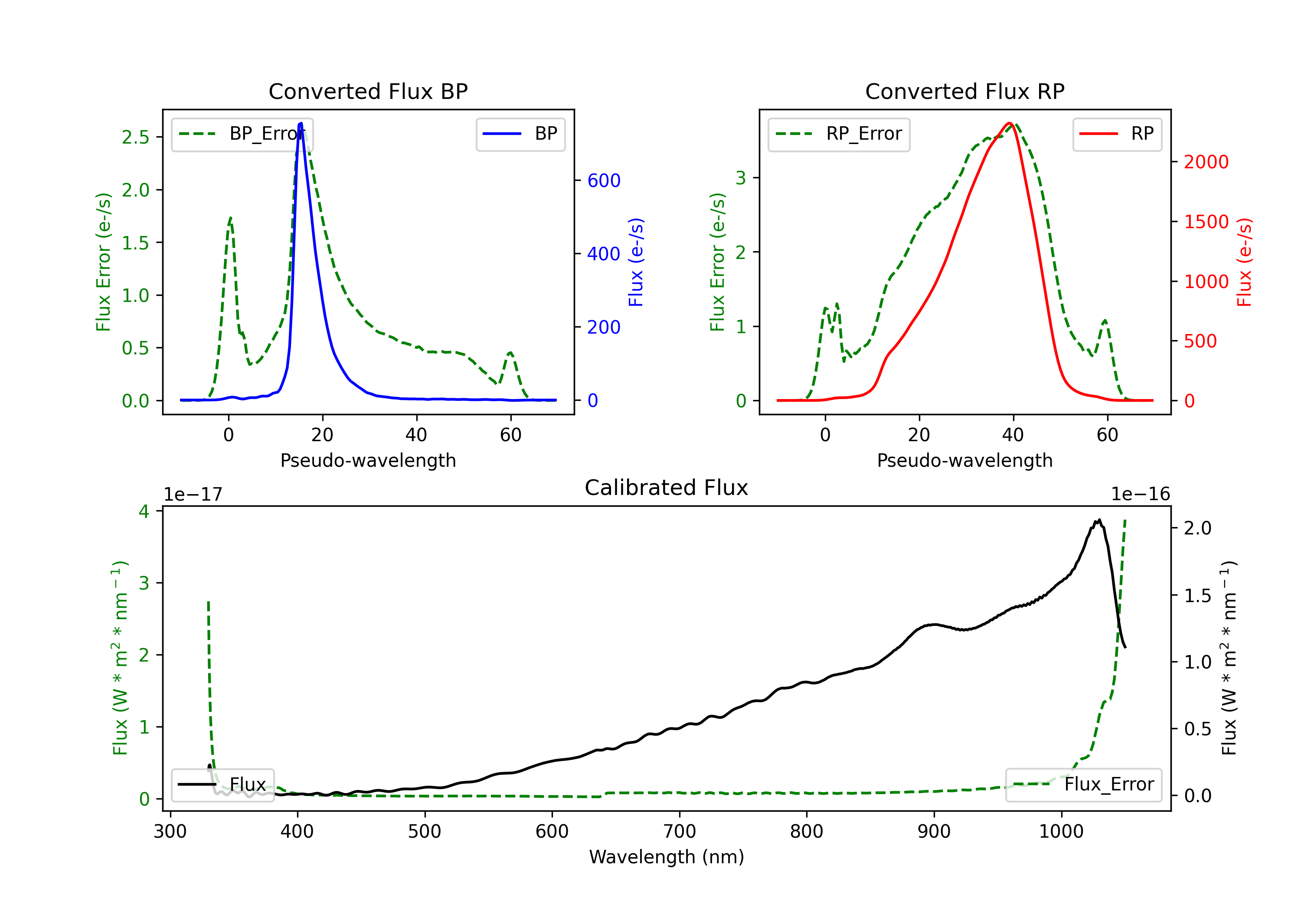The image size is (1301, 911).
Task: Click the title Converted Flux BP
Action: [368, 91]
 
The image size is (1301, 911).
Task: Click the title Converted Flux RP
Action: [964, 91]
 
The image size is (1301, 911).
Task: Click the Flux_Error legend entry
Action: [1083, 785]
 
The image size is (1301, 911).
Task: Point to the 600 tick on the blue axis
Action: [604, 181]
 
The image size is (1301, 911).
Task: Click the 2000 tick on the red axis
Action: [1206, 162]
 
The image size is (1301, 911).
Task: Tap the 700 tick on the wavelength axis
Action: [679, 832]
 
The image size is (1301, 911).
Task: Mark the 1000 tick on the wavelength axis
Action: [1061, 832]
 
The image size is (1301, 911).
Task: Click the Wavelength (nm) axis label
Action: [667, 857]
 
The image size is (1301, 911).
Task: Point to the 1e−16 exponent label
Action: [1140, 495]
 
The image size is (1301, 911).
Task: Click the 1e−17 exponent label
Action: [193, 495]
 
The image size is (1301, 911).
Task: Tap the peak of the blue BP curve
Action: [301, 123]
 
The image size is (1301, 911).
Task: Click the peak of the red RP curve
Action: [1009, 123]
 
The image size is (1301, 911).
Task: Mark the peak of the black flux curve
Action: [1099, 521]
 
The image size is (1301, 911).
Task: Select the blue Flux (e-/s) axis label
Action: [636, 262]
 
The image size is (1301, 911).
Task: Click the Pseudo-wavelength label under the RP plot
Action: [964, 460]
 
